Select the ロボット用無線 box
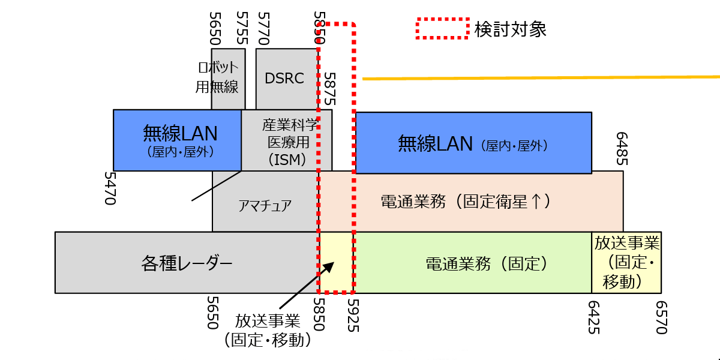pyautogui.click(x=217, y=79)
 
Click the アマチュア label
pyautogui.click(x=265, y=206)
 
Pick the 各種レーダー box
pyautogui.click(x=186, y=263)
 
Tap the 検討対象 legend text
pyautogui.click(x=510, y=29)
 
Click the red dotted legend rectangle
pyautogui.click(x=443, y=28)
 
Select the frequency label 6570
pyautogui.click(x=661, y=317)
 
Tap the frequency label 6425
pyautogui.click(x=593, y=317)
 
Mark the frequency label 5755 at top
pyautogui.click(x=242, y=28)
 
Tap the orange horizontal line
pyautogui.click(x=540, y=77)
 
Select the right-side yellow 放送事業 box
pyautogui.click(x=626, y=262)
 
